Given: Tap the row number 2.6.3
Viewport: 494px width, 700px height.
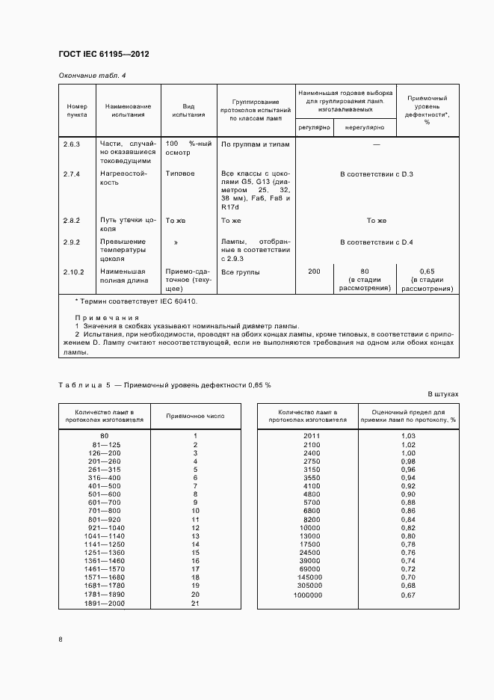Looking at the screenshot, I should click(72, 142).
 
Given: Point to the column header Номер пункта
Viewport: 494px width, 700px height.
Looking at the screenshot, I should click(77, 111).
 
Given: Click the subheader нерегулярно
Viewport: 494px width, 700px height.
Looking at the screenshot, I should click(364, 128).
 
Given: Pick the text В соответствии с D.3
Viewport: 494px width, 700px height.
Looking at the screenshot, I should click(376, 174).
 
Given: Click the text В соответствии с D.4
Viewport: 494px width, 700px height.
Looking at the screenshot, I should click(376, 242).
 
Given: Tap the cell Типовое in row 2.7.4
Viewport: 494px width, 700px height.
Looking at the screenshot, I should click(180, 174).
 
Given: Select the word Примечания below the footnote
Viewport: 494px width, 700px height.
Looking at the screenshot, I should click(100, 317).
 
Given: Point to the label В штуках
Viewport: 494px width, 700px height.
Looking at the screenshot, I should click(443, 393).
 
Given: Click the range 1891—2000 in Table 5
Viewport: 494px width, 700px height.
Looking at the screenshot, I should click(104, 604).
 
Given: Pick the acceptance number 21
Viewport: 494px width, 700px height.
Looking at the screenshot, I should click(194, 604).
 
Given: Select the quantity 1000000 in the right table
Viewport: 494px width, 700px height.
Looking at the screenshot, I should click(308, 595).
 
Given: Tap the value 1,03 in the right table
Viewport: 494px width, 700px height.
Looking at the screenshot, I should click(407, 435).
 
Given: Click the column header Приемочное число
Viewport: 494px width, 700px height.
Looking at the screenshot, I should click(194, 416).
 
